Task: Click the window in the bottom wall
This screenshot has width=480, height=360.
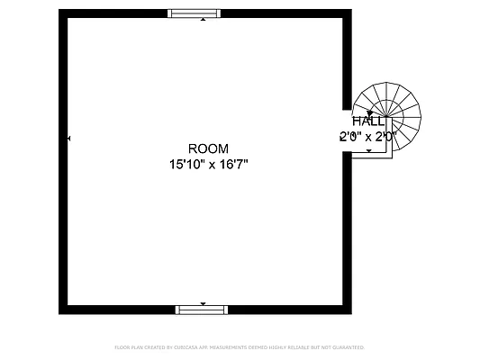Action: click(203, 310)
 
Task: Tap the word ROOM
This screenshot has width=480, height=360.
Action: click(208, 148)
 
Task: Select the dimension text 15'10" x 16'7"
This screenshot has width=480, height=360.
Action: click(208, 164)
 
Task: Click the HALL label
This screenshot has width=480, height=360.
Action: click(368, 121)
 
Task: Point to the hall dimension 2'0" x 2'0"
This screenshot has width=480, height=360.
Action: click(367, 137)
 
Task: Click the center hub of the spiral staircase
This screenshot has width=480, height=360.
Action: click(389, 114)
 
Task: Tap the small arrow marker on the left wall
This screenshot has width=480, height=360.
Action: click(68, 139)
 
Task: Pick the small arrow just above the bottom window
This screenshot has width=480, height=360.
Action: click(203, 303)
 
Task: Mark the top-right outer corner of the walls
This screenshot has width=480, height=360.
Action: click(350, 10)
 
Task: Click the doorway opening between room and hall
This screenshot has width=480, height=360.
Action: click(347, 130)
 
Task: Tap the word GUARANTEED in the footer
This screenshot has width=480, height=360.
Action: click(346, 346)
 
